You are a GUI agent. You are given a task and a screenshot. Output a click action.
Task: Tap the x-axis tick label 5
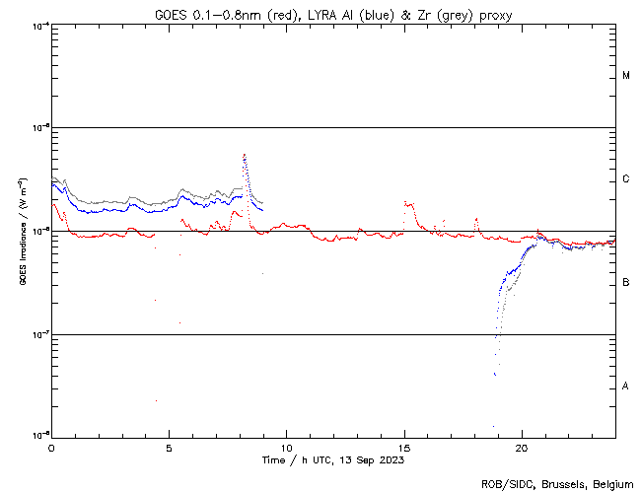coord(169,448)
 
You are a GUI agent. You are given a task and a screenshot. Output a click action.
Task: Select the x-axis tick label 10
coord(286,448)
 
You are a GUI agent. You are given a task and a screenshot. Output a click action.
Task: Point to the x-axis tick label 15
coord(404,448)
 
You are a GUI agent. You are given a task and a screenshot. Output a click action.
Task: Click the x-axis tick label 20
coord(522,448)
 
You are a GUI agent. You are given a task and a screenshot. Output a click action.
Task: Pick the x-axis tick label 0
coord(51,448)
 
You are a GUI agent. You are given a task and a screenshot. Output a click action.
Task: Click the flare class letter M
coord(626,76)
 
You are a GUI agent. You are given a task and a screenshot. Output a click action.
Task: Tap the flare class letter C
coord(626,179)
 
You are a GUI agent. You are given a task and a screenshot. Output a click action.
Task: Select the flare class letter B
coord(626,283)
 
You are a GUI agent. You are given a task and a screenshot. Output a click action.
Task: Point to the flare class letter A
coord(626,387)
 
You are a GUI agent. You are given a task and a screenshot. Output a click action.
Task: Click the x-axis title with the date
coord(333,459)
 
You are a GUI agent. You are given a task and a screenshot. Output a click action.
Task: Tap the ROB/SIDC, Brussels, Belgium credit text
coord(557,483)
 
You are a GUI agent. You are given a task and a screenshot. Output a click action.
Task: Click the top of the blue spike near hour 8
coord(244,154)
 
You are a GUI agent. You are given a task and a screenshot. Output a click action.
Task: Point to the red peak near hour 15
coord(405,203)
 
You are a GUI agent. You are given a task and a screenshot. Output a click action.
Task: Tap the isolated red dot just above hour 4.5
coord(156,400)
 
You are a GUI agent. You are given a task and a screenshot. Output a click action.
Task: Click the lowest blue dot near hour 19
coord(493,427)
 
